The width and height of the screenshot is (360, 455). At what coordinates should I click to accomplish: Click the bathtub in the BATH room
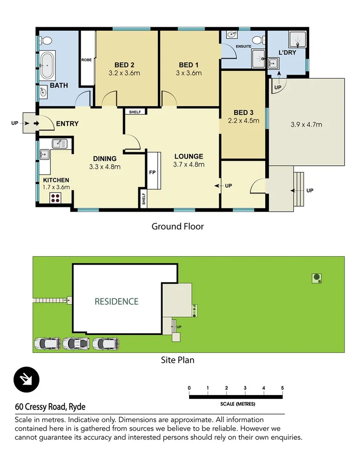[47, 66]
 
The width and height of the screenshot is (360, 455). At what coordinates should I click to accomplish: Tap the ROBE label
[87, 60]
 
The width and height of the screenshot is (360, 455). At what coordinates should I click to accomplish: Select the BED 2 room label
[124, 65]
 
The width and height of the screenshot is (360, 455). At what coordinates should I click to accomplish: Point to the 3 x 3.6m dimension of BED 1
[189, 73]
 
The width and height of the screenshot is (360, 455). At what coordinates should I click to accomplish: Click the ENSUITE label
[243, 46]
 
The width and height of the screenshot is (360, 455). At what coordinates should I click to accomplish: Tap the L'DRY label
[287, 52]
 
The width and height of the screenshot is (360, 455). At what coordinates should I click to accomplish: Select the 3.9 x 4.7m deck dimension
[306, 125]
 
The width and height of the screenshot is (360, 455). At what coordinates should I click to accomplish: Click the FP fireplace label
[153, 172]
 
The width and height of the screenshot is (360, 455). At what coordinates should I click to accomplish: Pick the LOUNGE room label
[189, 156]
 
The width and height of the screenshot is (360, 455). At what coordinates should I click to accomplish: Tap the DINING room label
[104, 159]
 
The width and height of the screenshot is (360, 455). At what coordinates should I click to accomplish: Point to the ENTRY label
[67, 124]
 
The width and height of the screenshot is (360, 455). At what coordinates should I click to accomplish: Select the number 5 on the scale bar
[282, 388]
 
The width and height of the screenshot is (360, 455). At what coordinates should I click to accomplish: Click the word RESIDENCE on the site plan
[116, 302]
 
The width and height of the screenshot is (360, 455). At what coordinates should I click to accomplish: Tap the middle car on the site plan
[76, 344]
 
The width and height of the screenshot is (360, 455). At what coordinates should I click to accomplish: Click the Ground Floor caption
[178, 226]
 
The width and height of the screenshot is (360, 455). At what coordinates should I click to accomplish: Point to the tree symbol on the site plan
[316, 277]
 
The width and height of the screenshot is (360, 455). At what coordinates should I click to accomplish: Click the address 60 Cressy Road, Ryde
[50, 407]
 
